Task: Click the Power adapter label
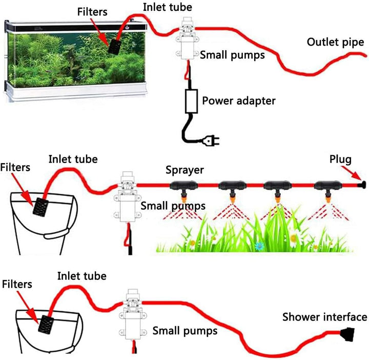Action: coord(238,101)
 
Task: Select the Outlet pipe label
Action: coord(336,42)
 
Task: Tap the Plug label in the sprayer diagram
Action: coord(341,161)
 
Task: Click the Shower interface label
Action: coord(324,317)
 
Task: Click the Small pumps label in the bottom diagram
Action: coord(185,331)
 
